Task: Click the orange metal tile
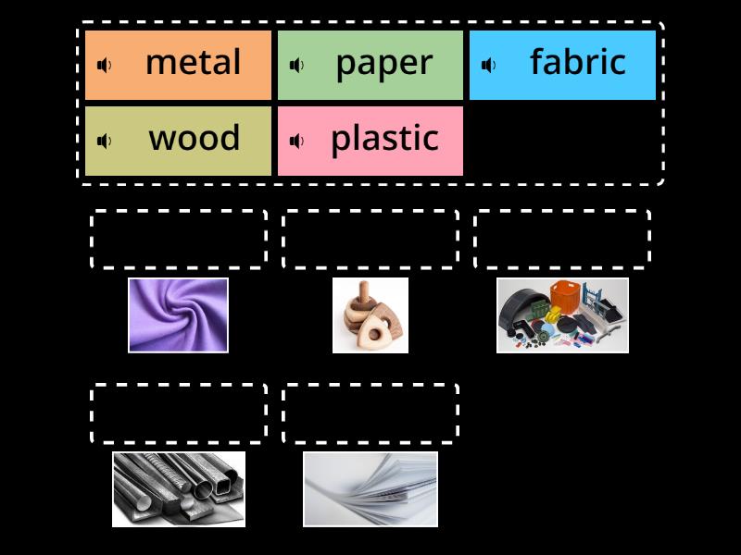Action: [178, 65]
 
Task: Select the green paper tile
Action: [370, 65]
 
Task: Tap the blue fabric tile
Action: [562, 65]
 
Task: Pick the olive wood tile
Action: [178, 141]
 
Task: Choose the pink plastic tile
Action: [370, 141]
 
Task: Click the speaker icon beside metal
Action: [105, 65]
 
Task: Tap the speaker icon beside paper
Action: [297, 65]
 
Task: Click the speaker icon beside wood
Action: [105, 141]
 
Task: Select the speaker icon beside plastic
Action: [297, 141]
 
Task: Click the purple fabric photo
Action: [178, 315]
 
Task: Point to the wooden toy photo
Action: [370, 315]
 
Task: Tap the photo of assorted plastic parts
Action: [562, 315]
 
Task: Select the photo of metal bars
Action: [179, 489]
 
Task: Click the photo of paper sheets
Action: [370, 489]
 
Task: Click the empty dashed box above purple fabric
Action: [179, 240]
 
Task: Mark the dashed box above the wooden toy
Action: [370, 240]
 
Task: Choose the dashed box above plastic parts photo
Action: [562, 240]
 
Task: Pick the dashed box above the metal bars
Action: [179, 413]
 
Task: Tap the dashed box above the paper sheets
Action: [370, 413]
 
